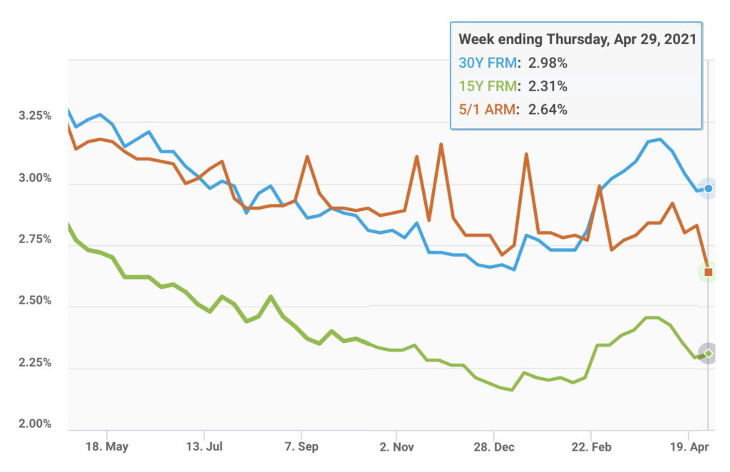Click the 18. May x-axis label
107,447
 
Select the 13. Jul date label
204,447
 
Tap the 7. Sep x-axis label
302,447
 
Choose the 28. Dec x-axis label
495,447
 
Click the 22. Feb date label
592,447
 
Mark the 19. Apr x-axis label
689,447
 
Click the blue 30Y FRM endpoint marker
708,188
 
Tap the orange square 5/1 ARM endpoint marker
708,272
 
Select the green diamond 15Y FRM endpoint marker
708,353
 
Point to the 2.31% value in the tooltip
547,86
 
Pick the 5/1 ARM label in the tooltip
488,110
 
